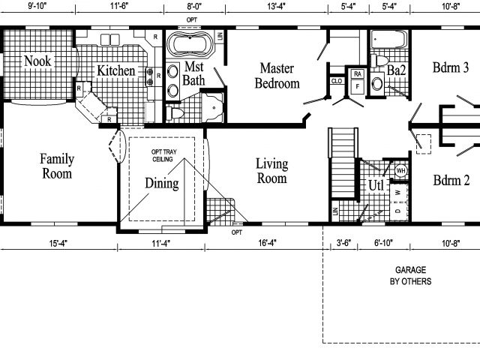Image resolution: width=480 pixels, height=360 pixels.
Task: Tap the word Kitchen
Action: tap(115, 71)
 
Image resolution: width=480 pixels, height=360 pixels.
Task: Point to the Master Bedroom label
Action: tap(277, 76)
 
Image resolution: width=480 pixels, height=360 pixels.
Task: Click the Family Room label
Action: tap(56, 166)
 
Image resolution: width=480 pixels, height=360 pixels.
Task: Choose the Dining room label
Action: tap(162, 184)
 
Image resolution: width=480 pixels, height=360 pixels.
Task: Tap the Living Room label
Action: tap(272, 171)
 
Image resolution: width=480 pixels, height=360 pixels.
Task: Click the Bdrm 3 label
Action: tap(451, 67)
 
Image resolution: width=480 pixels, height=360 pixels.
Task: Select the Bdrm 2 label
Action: tap(451, 180)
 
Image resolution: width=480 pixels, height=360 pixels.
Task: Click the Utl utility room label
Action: tap(376, 185)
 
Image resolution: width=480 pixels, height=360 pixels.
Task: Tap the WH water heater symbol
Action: tap(400, 171)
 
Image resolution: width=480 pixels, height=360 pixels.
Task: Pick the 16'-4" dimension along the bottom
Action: tap(267, 242)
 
